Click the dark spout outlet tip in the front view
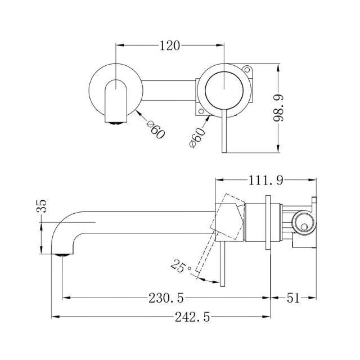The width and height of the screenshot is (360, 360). (115, 120)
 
